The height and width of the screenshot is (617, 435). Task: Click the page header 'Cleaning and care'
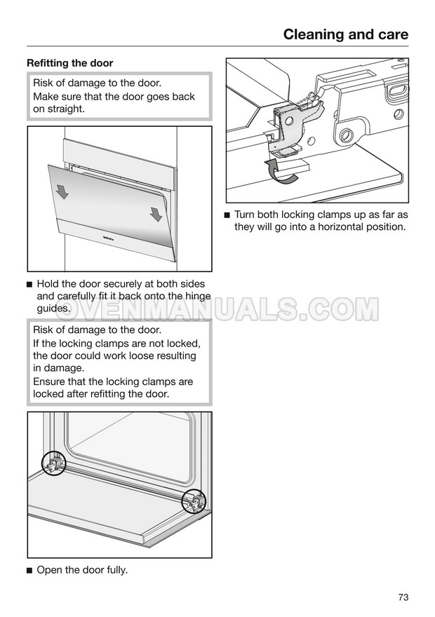pyautogui.click(x=346, y=34)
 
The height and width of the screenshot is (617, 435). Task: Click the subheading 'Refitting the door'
pyautogui.click(x=69, y=63)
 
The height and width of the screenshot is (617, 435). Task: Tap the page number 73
pyautogui.click(x=403, y=597)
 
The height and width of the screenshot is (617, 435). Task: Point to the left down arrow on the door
pyautogui.click(x=62, y=191)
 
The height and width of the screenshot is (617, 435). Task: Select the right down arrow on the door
pyautogui.click(x=156, y=214)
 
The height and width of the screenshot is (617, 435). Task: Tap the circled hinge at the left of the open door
pyautogui.click(x=53, y=463)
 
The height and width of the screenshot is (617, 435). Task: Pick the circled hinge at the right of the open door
pyautogui.click(x=194, y=501)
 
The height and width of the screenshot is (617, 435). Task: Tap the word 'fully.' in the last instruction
pyautogui.click(x=117, y=570)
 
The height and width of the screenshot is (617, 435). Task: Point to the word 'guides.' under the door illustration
pyautogui.click(x=53, y=308)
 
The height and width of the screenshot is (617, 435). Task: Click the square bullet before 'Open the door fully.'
pyautogui.click(x=29, y=571)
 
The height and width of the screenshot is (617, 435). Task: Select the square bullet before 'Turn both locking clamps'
pyautogui.click(x=227, y=215)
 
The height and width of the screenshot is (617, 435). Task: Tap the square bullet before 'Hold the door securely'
pyautogui.click(x=29, y=285)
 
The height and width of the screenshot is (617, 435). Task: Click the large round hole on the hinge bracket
pyautogui.click(x=347, y=135)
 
